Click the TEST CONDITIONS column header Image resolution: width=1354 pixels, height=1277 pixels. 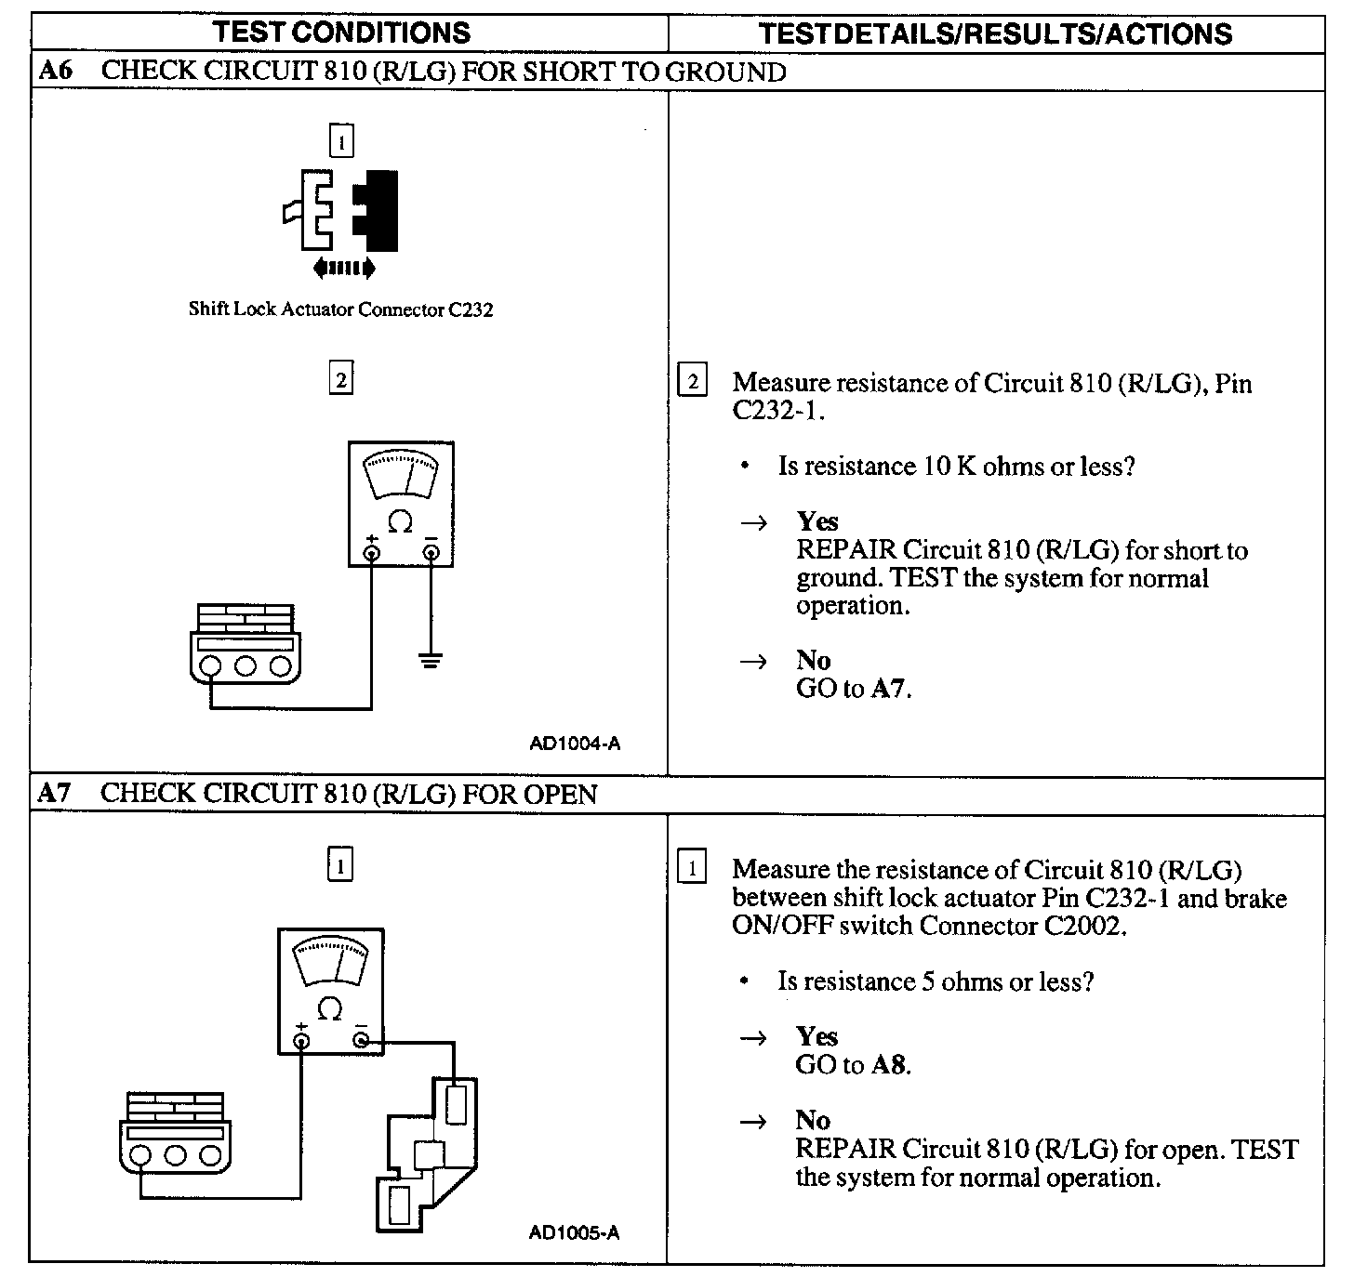(x=341, y=33)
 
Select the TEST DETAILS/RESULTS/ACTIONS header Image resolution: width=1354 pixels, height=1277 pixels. (x=995, y=34)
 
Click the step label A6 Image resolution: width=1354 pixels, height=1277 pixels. (x=56, y=71)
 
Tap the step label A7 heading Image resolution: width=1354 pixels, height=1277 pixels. (x=55, y=793)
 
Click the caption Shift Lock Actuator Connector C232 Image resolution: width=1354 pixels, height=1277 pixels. (x=340, y=309)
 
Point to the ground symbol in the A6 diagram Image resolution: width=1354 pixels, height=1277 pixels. (x=430, y=661)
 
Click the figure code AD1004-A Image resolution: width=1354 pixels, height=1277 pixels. (x=575, y=743)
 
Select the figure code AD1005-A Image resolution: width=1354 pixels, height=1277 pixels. (x=575, y=1232)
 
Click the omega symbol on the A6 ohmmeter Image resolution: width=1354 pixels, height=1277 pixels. (x=400, y=522)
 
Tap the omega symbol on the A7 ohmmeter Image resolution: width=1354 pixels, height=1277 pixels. (x=329, y=1009)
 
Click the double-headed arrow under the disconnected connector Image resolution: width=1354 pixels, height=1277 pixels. (x=345, y=270)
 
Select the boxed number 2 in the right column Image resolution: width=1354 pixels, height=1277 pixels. (x=693, y=382)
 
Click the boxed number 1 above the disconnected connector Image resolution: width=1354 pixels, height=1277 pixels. (x=341, y=142)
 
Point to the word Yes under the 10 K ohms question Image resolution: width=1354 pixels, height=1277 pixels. (x=816, y=521)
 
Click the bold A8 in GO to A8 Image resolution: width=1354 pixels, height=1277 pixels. (x=889, y=1064)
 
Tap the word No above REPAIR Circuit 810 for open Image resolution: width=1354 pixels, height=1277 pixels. (x=813, y=1120)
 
